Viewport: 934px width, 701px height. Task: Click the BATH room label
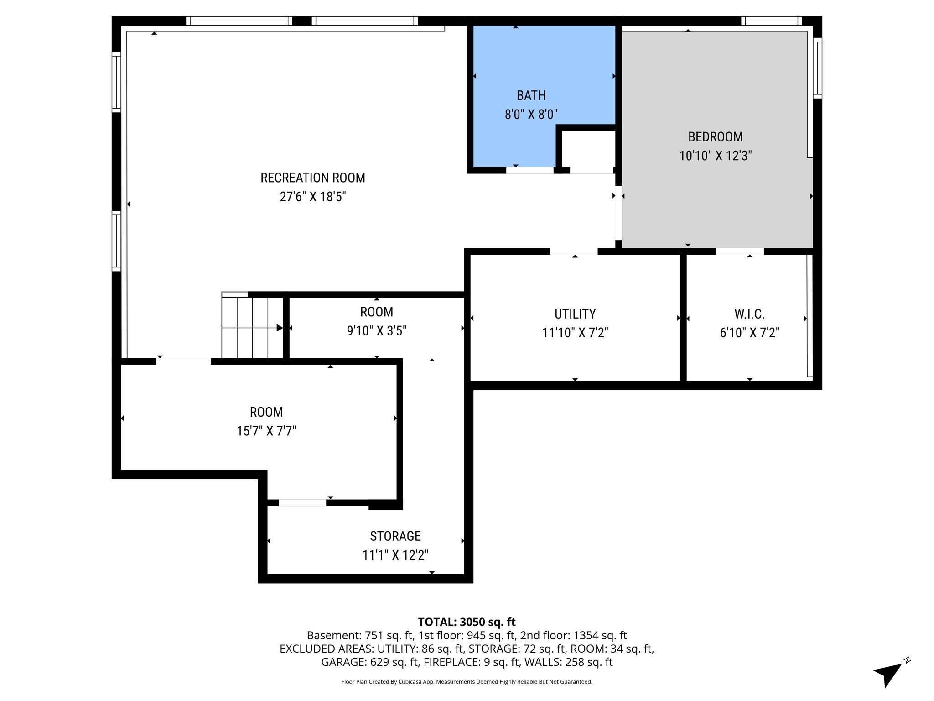pyautogui.click(x=531, y=95)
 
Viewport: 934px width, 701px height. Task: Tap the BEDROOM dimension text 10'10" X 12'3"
pyautogui.click(x=715, y=156)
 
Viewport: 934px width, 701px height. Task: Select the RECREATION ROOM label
pyautogui.click(x=313, y=178)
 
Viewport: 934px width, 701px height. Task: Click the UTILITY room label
pyautogui.click(x=575, y=314)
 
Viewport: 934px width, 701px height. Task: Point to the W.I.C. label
pyautogui.click(x=749, y=314)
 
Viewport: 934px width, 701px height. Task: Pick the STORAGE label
pyautogui.click(x=395, y=536)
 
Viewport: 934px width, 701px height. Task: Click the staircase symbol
pyautogui.click(x=252, y=327)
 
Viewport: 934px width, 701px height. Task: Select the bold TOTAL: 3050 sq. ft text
pyautogui.click(x=467, y=622)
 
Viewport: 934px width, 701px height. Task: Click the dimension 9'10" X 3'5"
pyautogui.click(x=376, y=330)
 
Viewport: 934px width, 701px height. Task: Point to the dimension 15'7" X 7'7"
pyautogui.click(x=266, y=431)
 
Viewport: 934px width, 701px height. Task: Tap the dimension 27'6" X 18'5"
pyautogui.click(x=313, y=197)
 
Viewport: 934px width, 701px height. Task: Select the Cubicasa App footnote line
pyautogui.click(x=467, y=682)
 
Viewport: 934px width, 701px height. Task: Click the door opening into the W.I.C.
pyautogui.click(x=740, y=251)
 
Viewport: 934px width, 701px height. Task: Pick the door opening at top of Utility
pyautogui.click(x=574, y=251)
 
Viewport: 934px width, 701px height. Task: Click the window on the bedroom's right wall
pyautogui.click(x=817, y=68)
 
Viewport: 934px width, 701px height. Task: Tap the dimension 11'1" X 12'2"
pyautogui.click(x=395, y=555)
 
